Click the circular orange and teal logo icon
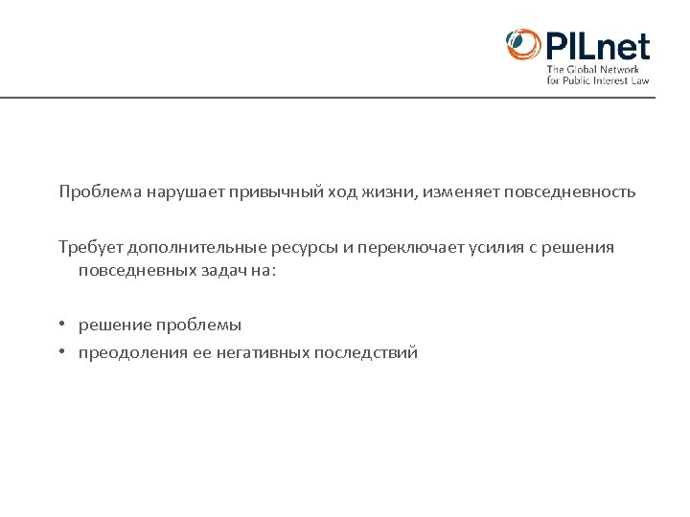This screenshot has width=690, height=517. [523, 45]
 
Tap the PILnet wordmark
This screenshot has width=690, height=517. [597, 46]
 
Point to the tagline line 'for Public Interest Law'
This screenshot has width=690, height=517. [598, 80]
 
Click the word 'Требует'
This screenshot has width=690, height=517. [87, 248]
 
